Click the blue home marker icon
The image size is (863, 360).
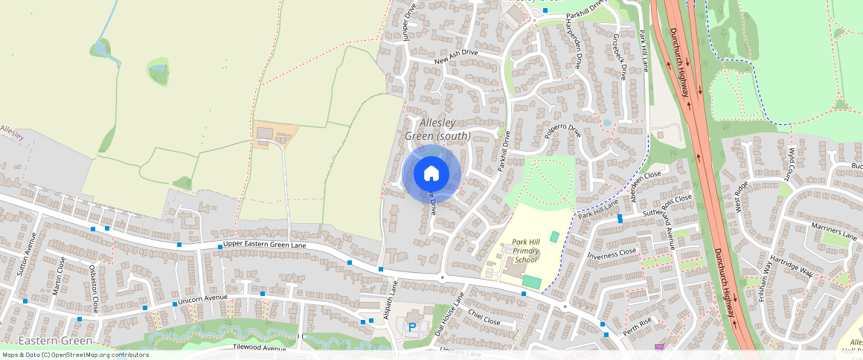coord(431,174)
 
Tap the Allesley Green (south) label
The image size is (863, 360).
coord(437,129)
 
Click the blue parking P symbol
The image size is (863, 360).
coord(411,327)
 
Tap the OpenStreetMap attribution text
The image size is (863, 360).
coord(75,355)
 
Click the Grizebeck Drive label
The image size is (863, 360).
coord(619,57)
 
